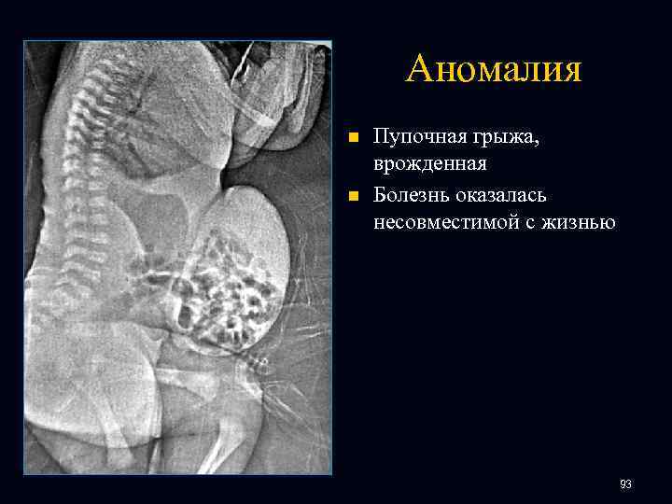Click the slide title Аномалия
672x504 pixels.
494,68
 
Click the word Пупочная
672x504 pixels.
418,137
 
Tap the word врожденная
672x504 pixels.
430,164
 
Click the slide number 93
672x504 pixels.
625,483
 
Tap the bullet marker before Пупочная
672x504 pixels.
353,138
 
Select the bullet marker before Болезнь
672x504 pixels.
353,196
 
